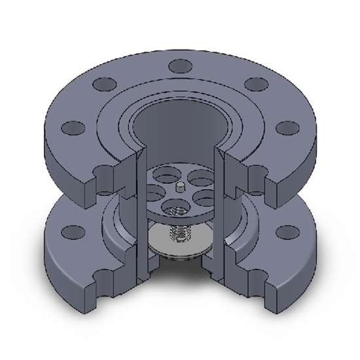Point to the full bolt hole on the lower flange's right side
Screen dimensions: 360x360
pyautogui.click(x=286, y=230)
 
